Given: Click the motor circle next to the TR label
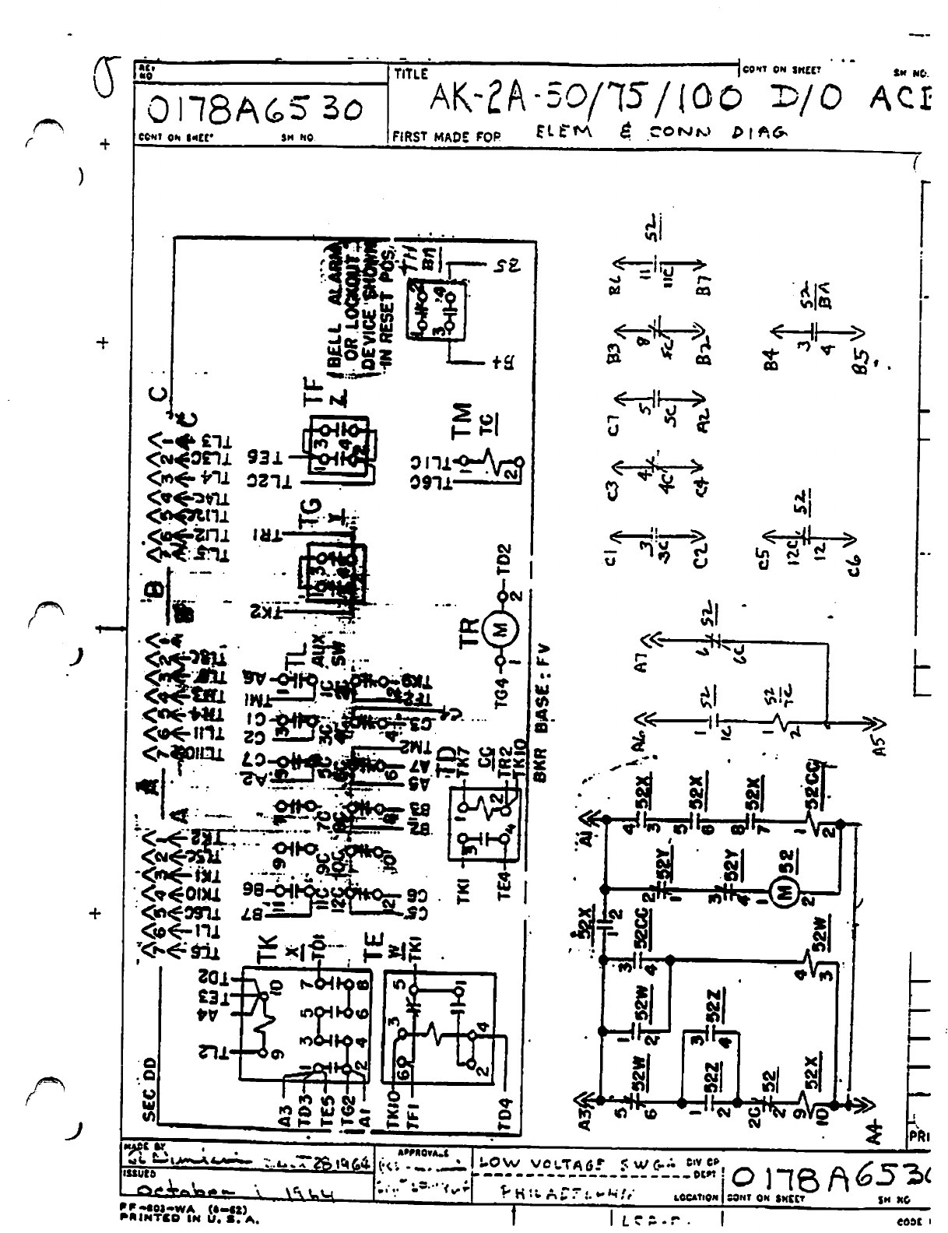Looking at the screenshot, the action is (x=500, y=630).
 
